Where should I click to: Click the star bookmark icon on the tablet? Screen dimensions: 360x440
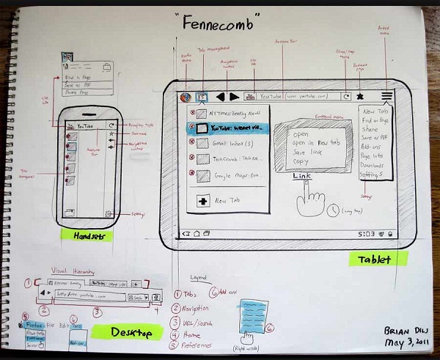[x=360, y=96]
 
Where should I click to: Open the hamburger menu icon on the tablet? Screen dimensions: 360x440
[x=386, y=95]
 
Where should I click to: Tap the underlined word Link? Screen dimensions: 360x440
[x=303, y=177]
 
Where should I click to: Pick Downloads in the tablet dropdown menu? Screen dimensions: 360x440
[x=376, y=164]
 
